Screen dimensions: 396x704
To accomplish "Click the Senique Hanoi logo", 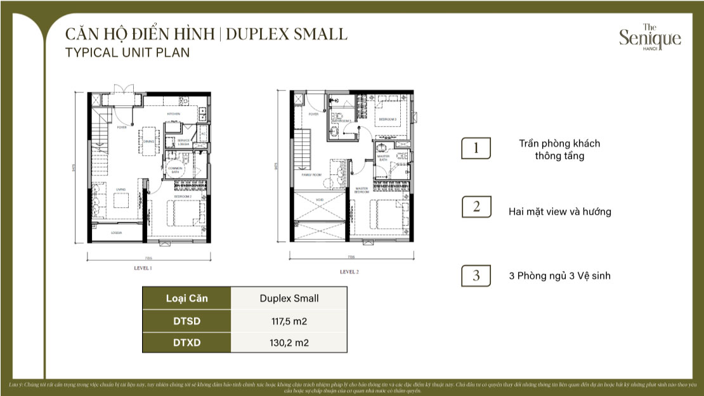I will tap(650, 37).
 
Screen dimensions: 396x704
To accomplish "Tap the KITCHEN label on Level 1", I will tap(174, 114).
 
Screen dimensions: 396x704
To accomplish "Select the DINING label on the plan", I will tap(149, 141).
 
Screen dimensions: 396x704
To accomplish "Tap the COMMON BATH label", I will tap(174, 168).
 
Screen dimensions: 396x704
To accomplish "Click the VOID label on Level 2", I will tap(320, 200).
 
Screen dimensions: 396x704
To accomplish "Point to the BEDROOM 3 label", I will tap(388, 119).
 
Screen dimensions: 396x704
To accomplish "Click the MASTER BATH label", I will tap(384, 158).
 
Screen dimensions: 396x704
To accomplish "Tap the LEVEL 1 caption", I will tap(143, 269).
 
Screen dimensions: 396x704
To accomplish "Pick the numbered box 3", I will tap(476, 276).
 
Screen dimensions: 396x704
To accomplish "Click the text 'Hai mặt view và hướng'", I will tap(559, 212).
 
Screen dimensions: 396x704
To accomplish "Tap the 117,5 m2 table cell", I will tap(289, 321).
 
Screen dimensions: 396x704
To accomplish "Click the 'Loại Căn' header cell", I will tap(186, 298).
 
